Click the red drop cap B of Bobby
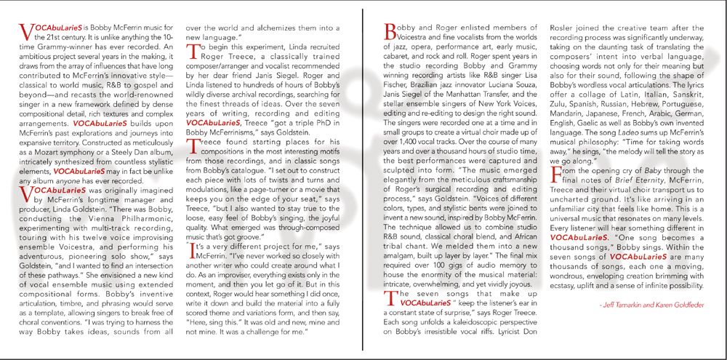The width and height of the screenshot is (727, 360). [387, 31]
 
